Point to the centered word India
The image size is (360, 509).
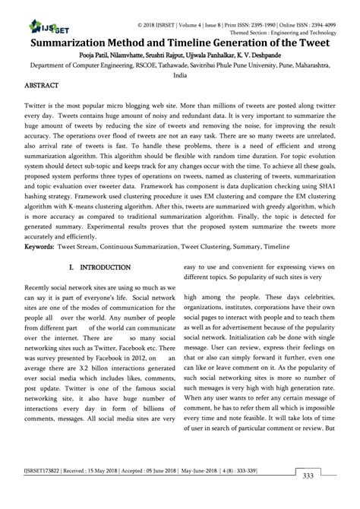pyautogui.click(x=179, y=76)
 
